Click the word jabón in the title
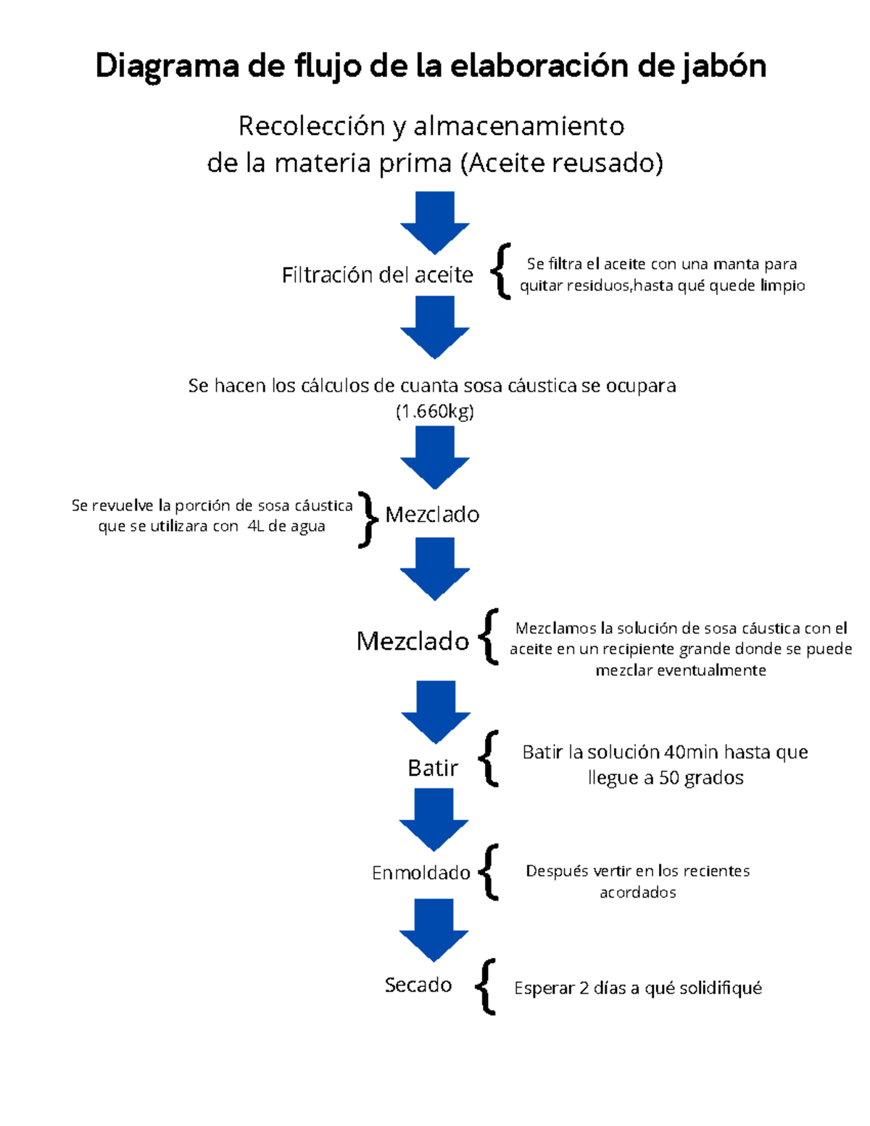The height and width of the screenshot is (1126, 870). click(723, 67)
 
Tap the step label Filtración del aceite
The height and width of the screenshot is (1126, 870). click(377, 275)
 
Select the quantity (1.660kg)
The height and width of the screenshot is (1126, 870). click(434, 412)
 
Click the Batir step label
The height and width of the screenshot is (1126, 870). click(433, 768)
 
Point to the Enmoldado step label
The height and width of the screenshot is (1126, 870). click(420, 873)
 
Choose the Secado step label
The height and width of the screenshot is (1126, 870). click(418, 985)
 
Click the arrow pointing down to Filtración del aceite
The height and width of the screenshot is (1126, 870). click(435, 221)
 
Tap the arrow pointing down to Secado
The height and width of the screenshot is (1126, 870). click(434, 929)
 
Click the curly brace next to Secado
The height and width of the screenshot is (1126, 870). click(486, 986)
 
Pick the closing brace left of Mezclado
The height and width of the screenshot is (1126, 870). click(368, 518)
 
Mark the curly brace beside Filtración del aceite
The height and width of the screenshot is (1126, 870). click(501, 271)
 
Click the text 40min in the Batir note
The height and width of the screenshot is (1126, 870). click(692, 753)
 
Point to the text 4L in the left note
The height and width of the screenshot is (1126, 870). click(255, 526)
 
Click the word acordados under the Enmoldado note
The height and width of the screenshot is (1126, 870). click(637, 893)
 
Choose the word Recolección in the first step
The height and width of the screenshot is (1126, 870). click(311, 127)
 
